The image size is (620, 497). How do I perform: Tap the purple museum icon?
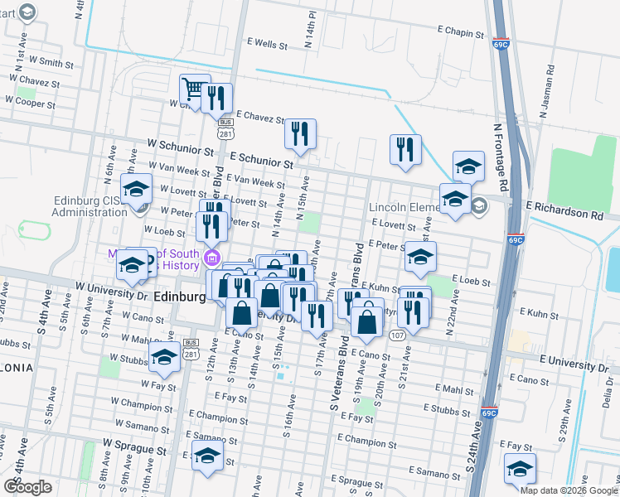click(211, 258)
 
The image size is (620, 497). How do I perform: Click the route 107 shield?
click(396, 335)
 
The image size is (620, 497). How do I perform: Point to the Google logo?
click(27, 486)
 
